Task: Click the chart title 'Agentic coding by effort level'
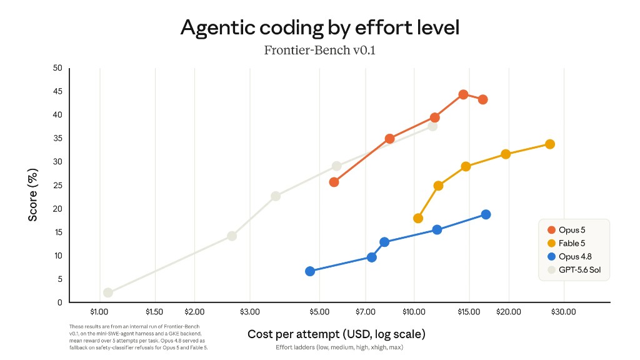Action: (x=320, y=27)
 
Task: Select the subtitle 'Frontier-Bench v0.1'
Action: (x=319, y=50)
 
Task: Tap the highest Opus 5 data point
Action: (x=463, y=95)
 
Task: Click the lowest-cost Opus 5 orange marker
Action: (x=334, y=182)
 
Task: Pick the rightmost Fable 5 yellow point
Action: (x=550, y=144)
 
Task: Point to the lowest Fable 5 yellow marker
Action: (x=418, y=218)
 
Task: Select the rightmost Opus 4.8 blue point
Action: (x=486, y=214)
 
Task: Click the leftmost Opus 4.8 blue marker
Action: (x=310, y=271)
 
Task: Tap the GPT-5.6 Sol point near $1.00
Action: (x=107, y=292)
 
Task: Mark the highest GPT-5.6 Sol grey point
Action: (x=432, y=126)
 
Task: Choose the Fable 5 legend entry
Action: (x=566, y=243)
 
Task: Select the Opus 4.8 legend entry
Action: (x=569, y=256)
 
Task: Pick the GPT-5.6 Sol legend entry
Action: (x=574, y=270)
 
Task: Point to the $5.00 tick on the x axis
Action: (x=319, y=312)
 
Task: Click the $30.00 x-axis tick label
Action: (x=564, y=312)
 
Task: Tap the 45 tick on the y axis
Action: (x=57, y=91)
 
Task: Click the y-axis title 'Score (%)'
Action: (x=32, y=195)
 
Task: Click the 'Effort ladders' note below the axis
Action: (x=339, y=347)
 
